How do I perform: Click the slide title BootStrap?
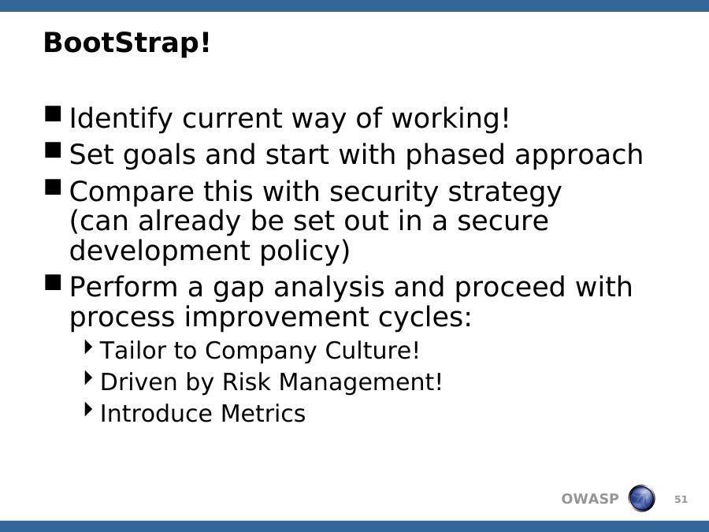pos(127,43)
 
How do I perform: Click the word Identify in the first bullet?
pos(121,118)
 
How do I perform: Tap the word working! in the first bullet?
pos(451,118)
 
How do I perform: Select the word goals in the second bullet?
pos(159,155)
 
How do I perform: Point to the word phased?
pos(455,155)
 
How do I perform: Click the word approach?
pos(579,155)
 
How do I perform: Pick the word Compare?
pos(132,192)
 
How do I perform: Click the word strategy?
pos(505,192)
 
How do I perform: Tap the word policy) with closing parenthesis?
pos(305,251)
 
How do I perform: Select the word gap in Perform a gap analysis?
pos(238,288)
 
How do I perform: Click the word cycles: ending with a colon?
pos(425,317)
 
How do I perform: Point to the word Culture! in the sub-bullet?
pos(372,351)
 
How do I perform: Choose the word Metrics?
pos(263,414)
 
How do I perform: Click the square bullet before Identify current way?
pos(53,114)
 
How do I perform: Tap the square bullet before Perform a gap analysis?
pos(53,283)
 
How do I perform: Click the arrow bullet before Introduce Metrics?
pos(88,409)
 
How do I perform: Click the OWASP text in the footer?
pos(589,499)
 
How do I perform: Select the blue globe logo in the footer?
pos(641,498)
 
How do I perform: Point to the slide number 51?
pos(681,500)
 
